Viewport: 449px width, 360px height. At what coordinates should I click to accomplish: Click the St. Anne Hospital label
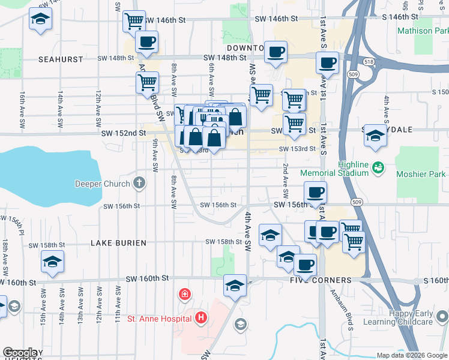click(160, 318)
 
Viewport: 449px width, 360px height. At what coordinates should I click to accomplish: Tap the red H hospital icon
click(201, 317)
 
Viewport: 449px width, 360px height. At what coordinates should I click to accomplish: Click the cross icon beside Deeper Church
click(139, 182)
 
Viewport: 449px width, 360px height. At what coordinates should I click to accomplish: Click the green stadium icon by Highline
click(378, 166)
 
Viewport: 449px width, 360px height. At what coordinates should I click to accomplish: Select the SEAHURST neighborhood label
click(59, 59)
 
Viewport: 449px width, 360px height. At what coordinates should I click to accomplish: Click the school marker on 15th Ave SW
click(52, 262)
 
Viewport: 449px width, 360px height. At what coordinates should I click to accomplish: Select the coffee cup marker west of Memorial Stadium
click(315, 193)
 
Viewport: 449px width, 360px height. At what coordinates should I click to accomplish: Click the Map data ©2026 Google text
click(411, 355)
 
